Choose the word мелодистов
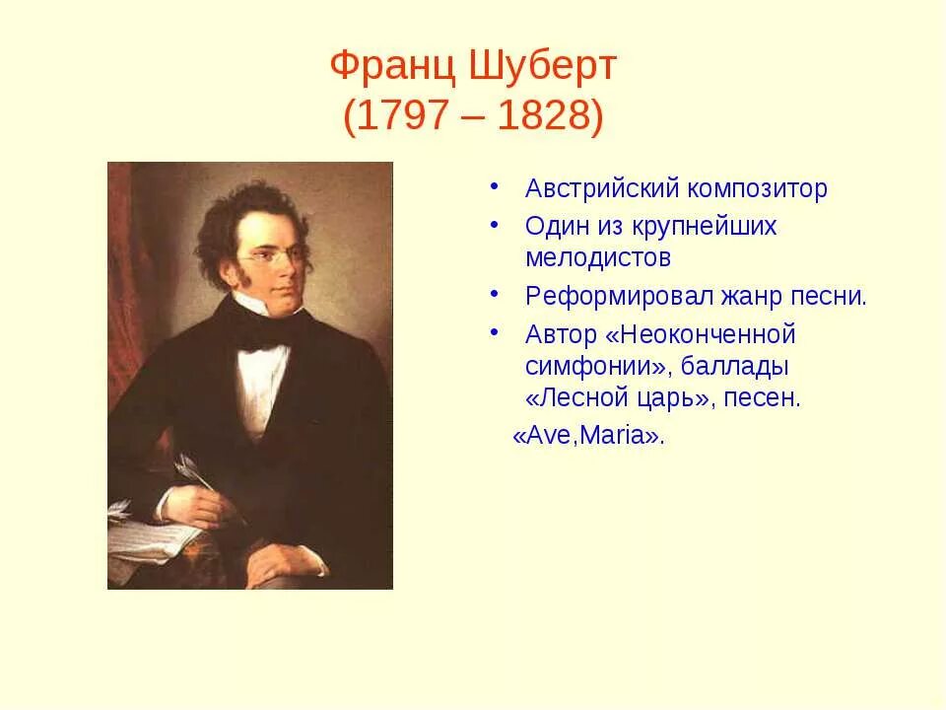pos(598,258)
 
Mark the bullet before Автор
pos(494,333)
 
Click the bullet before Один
pos(494,225)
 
